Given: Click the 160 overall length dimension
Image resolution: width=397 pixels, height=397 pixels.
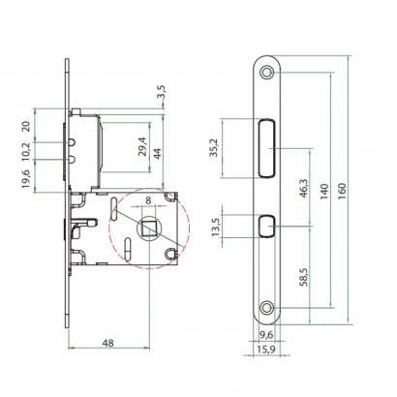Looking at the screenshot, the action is [343, 191].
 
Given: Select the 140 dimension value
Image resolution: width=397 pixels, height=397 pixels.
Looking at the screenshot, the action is [324, 191].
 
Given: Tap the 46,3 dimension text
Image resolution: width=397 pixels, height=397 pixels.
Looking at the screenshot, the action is [304, 189].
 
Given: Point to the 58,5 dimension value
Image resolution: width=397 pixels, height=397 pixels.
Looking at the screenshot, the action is [304, 277].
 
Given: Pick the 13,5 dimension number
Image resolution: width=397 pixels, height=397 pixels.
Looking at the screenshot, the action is [216, 228].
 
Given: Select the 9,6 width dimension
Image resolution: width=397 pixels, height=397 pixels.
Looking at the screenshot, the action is [266, 335].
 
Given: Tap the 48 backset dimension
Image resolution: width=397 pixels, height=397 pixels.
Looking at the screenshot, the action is [107, 343].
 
